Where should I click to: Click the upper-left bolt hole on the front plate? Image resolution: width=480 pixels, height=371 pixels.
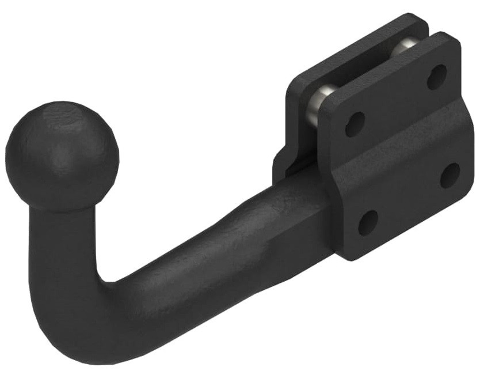click(355, 123)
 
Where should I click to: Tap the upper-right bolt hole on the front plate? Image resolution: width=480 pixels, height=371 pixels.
click(437, 77)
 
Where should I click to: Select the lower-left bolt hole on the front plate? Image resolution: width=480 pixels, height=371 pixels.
click(368, 222)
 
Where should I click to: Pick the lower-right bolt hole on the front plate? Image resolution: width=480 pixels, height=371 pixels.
click(449, 175)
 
